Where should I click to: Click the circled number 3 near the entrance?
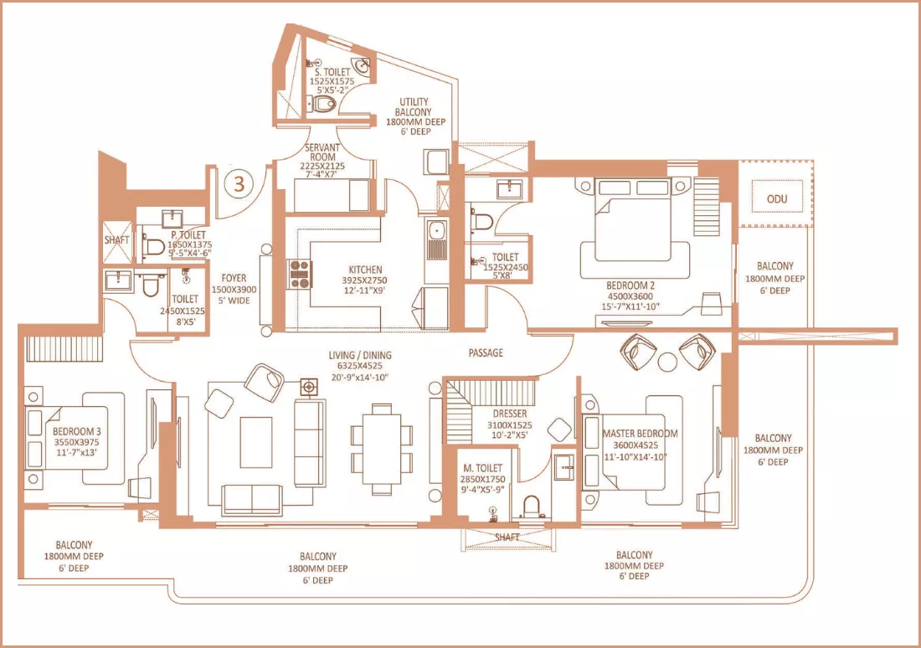pyautogui.click(x=239, y=184)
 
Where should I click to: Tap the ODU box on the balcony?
pyautogui.click(x=776, y=199)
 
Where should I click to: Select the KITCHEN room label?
pyautogui.click(x=364, y=270)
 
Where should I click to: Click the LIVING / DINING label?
pyautogui.click(x=360, y=355)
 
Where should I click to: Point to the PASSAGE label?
pyautogui.click(x=486, y=352)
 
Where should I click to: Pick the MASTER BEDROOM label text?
pyautogui.click(x=640, y=434)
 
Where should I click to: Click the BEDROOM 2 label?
pyautogui.click(x=630, y=285)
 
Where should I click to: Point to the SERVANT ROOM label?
pyautogui.click(x=322, y=152)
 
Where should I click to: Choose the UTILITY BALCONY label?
pyautogui.click(x=415, y=106)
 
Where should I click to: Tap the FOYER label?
pyautogui.click(x=234, y=278)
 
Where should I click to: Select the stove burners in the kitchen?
pyautogui.click(x=300, y=274)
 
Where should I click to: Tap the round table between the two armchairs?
pyautogui.click(x=667, y=362)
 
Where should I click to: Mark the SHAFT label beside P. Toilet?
pyautogui.click(x=117, y=239)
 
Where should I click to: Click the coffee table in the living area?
pyautogui.click(x=255, y=438)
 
